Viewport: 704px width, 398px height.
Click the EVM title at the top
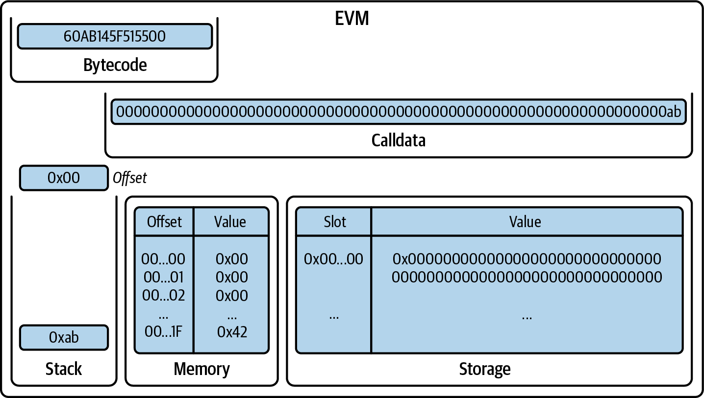[x=352, y=18]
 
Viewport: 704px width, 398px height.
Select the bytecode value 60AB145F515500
[x=115, y=36]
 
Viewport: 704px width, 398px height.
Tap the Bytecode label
[x=115, y=65]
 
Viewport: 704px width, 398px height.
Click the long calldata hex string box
[x=399, y=112]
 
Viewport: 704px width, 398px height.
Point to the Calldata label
[x=399, y=140]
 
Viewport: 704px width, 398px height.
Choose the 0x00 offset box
[x=64, y=178]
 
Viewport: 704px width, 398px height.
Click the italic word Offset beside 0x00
[x=130, y=178]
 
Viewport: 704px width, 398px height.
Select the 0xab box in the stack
[x=64, y=337]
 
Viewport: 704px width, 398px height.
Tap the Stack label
[x=64, y=369]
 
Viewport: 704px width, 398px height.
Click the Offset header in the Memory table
[x=164, y=222]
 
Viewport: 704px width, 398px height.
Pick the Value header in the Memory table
[x=230, y=222]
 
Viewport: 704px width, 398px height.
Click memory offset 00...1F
[x=164, y=332]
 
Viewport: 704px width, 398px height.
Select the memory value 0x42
[x=232, y=332]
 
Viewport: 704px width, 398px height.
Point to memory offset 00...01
[x=164, y=277]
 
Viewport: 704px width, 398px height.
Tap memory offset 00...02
[x=164, y=296]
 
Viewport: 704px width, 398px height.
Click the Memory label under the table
[x=201, y=369]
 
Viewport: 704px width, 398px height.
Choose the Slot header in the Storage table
[x=335, y=222]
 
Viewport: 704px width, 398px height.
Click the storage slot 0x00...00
[x=334, y=259]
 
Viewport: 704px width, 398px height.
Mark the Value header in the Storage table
[x=525, y=222]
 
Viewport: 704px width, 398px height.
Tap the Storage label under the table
[x=485, y=369]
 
